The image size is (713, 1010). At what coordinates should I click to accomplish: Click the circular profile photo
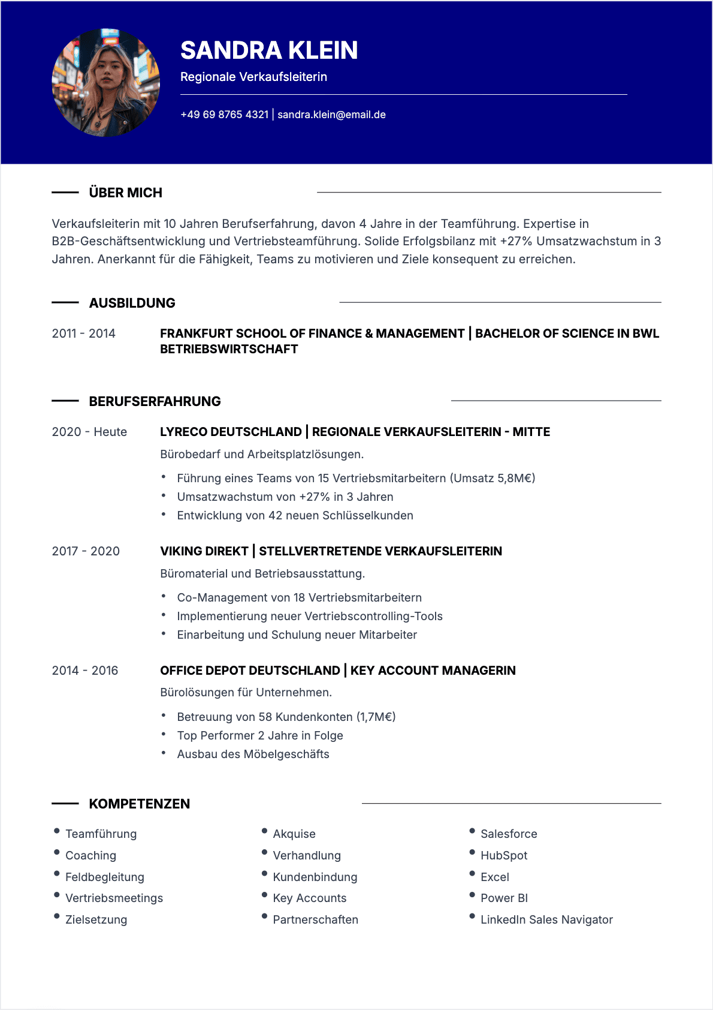106,82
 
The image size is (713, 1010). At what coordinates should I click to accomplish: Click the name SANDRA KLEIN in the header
269,50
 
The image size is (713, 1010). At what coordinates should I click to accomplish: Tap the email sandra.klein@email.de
331,115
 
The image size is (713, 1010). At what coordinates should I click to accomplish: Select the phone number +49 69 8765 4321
224,115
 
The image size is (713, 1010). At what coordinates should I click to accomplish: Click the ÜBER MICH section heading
125,193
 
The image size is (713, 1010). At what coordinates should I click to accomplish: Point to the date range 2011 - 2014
83,333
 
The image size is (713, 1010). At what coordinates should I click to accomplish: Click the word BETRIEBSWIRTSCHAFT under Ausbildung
229,349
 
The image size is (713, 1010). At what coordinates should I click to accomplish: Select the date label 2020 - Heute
89,432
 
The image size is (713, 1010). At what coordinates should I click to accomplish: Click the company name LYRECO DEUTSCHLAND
231,432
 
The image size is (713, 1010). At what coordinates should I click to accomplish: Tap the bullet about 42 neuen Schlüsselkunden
295,515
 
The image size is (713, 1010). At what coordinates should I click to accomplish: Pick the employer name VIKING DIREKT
204,551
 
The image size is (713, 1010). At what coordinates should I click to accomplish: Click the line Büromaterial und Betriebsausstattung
262,573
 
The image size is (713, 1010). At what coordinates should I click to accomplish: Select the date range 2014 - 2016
85,671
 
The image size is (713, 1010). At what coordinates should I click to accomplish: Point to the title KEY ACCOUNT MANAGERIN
433,671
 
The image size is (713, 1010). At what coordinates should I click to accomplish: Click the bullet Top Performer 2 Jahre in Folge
260,735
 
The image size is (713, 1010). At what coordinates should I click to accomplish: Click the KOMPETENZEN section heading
139,804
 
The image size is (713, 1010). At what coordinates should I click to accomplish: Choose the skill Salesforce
509,834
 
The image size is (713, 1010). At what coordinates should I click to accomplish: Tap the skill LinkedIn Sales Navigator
546,919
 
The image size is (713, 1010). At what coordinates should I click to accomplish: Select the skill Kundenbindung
315,877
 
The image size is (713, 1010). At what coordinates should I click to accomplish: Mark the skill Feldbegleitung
105,877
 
